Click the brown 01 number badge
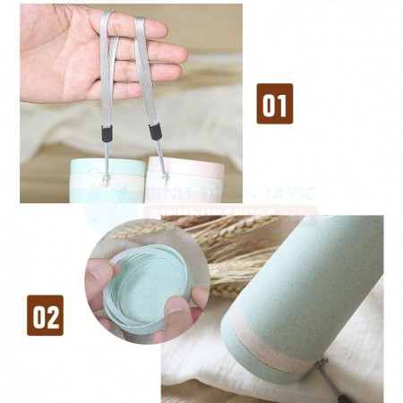click(x=275, y=104)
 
